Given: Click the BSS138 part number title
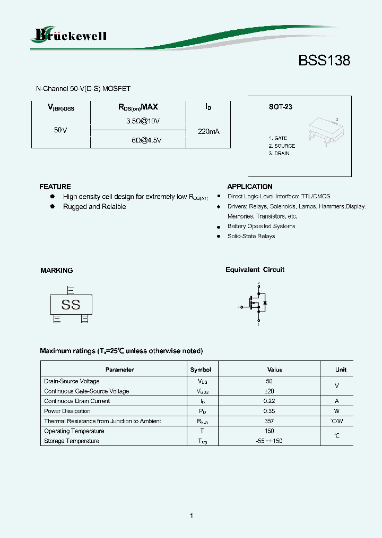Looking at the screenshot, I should click(x=324, y=61).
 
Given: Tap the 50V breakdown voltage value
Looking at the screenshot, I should click(x=60, y=130).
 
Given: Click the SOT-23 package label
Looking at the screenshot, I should click(x=280, y=107).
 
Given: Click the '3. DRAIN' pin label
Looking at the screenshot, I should click(x=279, y=154).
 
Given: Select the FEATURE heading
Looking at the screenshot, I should click(x=55, y=187).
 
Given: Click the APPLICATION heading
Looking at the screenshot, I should click(x=249, y=187).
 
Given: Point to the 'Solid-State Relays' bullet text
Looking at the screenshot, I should click(x=251, y=236).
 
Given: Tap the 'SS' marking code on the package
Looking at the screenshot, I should click(x=71, y=305).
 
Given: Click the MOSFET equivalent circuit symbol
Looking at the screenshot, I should click(x=255, y=305).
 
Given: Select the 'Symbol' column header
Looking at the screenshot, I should click(x=201, y=369).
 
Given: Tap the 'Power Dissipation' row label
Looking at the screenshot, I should click(x=67, y=411).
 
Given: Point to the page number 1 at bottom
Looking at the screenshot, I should click(x=191, y=516).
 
